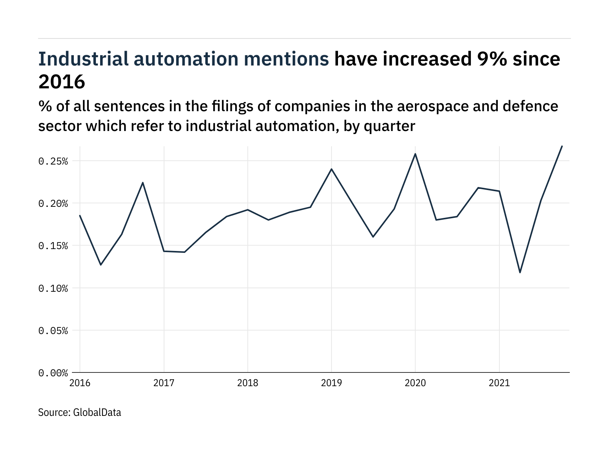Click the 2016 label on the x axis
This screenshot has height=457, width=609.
[80, 383]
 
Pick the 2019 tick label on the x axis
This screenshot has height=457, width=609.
[331, 383]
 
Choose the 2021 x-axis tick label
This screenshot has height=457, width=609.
[499, 383]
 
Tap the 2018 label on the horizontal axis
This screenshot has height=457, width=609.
[247, 383]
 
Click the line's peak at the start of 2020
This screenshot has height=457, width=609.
[415, 154]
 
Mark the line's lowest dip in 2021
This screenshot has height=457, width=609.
[520, 272]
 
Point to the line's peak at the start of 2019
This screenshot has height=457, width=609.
[332, 169]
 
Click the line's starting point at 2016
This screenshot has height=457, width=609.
[80, 216]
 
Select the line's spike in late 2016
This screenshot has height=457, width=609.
[143, 183]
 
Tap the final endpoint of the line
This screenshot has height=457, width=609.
[562, 146]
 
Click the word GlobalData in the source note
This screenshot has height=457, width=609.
[97, 412]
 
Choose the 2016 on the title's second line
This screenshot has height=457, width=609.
[62, 81]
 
